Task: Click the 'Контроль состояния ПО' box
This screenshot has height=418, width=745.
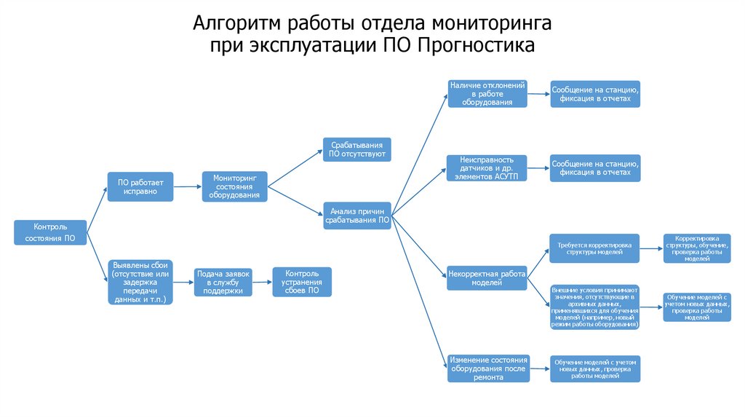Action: pos(50,232)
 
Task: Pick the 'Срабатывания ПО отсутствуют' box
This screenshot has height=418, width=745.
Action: pos(357,149)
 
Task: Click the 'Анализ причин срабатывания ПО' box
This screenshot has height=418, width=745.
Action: pos(357,216)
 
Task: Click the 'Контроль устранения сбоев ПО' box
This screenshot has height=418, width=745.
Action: pos(302,282)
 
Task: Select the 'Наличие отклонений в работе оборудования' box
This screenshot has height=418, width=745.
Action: pos(487,94)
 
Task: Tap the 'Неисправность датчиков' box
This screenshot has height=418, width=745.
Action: pos(487,167)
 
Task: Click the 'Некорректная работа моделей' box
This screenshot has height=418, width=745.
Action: pos(487,277)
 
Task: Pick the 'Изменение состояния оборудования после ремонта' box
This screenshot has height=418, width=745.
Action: pos(487,368)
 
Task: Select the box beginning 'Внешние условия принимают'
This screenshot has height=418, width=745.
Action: pos(594,307)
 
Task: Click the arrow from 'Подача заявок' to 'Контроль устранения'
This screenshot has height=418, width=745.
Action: pos(262,282)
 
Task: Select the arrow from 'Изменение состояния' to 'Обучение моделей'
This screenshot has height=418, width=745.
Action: pos(539,369)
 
